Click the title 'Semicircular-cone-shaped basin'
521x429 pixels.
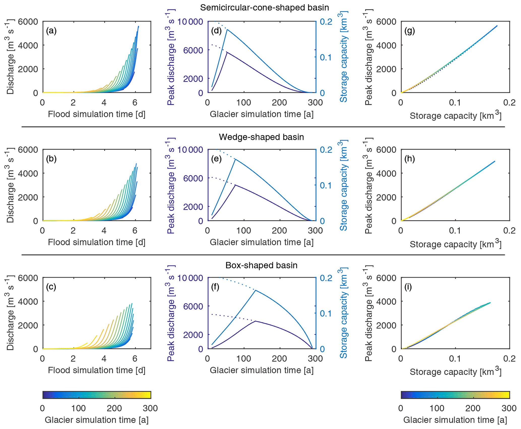pos(264,8)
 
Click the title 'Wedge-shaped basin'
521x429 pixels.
pos(261,137)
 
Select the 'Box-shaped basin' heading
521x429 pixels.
pos(261,265)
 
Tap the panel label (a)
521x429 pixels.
pos(51,31)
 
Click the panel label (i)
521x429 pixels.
pos(408,287)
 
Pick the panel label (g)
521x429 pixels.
pos(410,31)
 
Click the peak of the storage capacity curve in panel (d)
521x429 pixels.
pos(227,30)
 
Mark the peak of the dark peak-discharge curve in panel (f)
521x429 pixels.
pos(255,321)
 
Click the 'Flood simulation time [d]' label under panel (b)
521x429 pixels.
pos(97,242)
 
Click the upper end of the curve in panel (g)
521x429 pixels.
pos(497,26)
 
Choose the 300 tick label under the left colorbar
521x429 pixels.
pos(150,408)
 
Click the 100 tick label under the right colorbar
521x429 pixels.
pos(437,408)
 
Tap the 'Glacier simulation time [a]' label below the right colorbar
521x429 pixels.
pos(455,420)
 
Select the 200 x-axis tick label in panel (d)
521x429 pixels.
pos(280,103)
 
